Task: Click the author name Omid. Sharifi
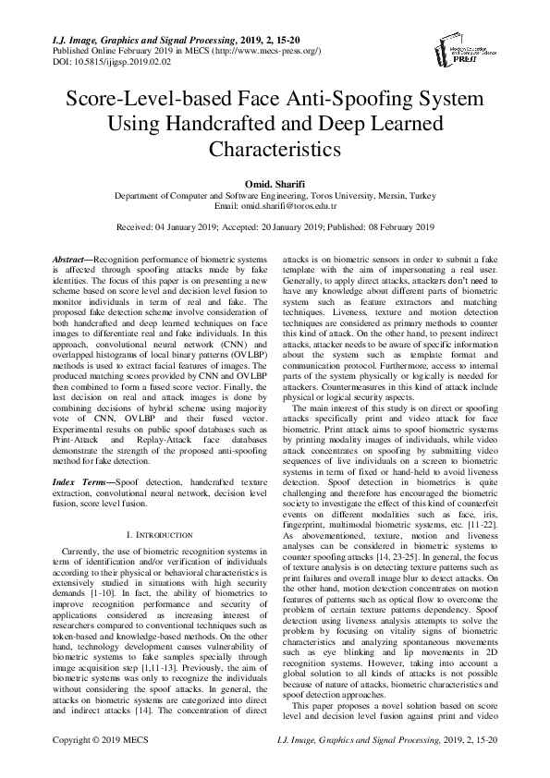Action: (x=275, y=184)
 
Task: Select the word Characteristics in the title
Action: (x=275, y=148)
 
